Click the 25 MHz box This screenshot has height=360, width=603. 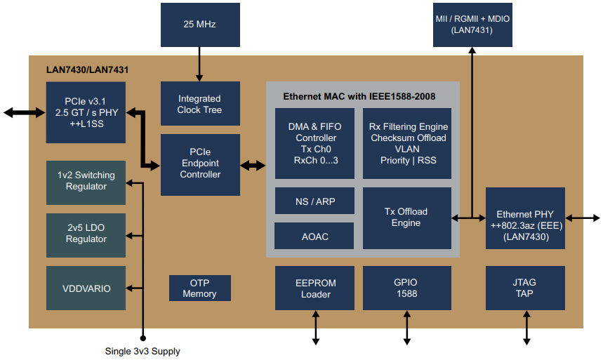pyautogui.click(x=199, y=25)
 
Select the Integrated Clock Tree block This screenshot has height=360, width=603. pyautogui.click(x=200, y=104)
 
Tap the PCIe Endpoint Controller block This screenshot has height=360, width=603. pyautogui.click(x=200, y=164)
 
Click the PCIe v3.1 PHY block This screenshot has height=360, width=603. pyautogui.click(x=86, y=112)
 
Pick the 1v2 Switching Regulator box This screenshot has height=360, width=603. pyautogui.click(x=86, y=180)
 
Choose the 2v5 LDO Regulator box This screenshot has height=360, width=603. pyautogui.click(x=86, y=234)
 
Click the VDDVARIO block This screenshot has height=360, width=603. pyautogui.click(x=86, y=288)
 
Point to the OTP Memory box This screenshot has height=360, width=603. pyautogui.click(x=199, y=288)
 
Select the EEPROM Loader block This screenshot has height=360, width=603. pyautogui.click(x=315, y=288)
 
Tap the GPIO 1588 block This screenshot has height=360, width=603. pyautogui.click(x=406, y=288)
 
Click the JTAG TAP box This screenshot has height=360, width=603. pyautogui.click(x=525, y=288)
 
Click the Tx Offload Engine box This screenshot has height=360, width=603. pyautogui.click(x=406, y=218)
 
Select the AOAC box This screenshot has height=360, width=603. pyautogui.click(x=314, y=236)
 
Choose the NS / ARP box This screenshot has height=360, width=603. pyautogui.click(x=314, y=201)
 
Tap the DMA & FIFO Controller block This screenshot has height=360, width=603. pyautogui.click(x=314, y=143)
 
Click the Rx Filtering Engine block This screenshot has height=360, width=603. pyautogui.click(x=406, y=143)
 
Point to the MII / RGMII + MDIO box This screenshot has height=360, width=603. pyautogui.click(x=472, y=25)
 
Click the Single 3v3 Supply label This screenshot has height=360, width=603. pyautogui.click(x=143, y=351)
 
